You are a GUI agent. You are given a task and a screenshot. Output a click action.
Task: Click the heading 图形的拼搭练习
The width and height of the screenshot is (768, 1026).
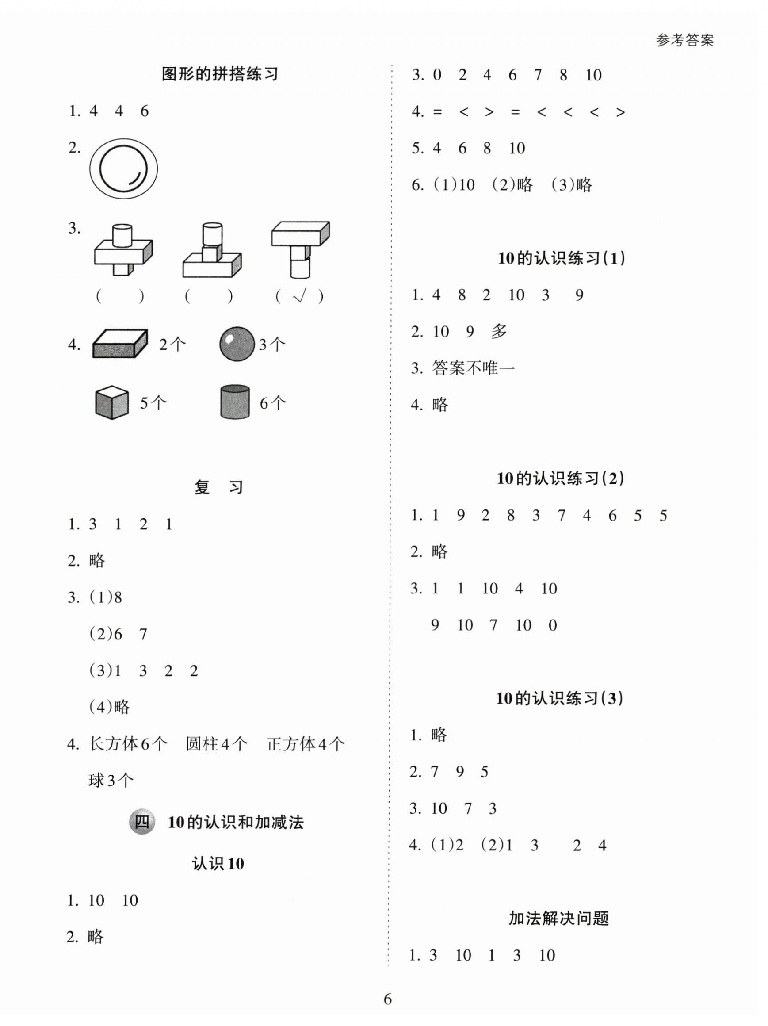click(x=220, y=74)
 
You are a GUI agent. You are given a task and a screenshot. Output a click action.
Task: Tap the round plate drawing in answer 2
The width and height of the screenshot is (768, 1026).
click(x=123, y=168)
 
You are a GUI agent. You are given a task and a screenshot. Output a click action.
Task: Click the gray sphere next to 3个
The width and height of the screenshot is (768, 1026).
click(x=237, y=344)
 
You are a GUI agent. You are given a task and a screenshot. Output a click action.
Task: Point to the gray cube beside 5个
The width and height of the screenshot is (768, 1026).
click(x=111, y=402)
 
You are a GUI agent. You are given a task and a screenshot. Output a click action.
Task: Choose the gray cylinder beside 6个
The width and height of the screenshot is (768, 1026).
click(x=235, y=402)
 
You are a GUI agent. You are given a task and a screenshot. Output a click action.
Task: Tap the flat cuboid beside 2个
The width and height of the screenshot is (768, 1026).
click(x=120, y=344)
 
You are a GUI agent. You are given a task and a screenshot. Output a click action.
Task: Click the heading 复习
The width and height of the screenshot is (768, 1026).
click(x=218, y=487)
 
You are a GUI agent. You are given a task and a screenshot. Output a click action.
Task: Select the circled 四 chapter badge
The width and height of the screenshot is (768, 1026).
click(x=141, y=822)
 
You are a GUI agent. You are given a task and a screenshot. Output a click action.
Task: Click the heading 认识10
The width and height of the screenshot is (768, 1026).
click(x=218, y=864)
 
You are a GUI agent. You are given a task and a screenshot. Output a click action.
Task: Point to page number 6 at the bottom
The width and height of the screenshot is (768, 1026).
click(x=388, y=998)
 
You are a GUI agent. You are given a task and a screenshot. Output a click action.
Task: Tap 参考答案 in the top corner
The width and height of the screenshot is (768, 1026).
click(x=685, y=41)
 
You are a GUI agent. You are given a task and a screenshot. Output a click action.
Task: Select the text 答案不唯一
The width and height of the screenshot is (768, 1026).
click(x=473, y=368)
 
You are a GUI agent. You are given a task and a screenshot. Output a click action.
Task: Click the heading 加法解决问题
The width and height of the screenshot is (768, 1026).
click(x=558, y=918)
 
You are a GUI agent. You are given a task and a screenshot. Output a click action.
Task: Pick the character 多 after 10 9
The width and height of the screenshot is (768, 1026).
click(x=499, y=331)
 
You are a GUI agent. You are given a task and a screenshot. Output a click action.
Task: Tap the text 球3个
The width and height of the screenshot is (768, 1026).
click(x=111, y=781)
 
